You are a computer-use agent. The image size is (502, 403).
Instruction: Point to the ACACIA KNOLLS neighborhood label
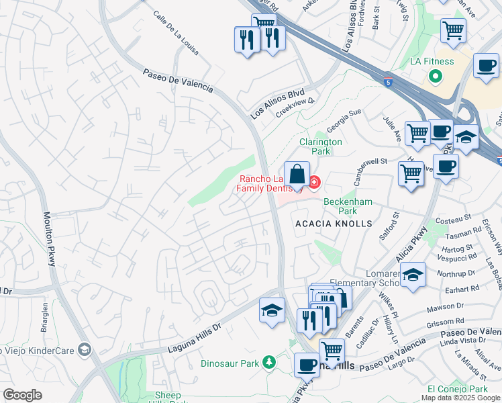[332, 224]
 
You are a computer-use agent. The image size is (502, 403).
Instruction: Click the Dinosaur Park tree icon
[268, 363]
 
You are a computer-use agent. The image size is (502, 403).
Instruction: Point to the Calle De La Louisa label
[175, 32]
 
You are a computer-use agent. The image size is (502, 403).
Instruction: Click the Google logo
[22, 395]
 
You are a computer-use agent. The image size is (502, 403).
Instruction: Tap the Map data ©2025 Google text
[460, 398]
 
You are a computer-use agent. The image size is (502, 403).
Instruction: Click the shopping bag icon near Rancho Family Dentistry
[297, 175]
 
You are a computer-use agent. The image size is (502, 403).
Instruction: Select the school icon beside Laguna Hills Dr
[271, 310]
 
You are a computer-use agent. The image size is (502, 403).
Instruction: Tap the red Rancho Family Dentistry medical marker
[313, 182]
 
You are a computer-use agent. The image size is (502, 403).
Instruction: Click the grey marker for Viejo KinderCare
[84, 349]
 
